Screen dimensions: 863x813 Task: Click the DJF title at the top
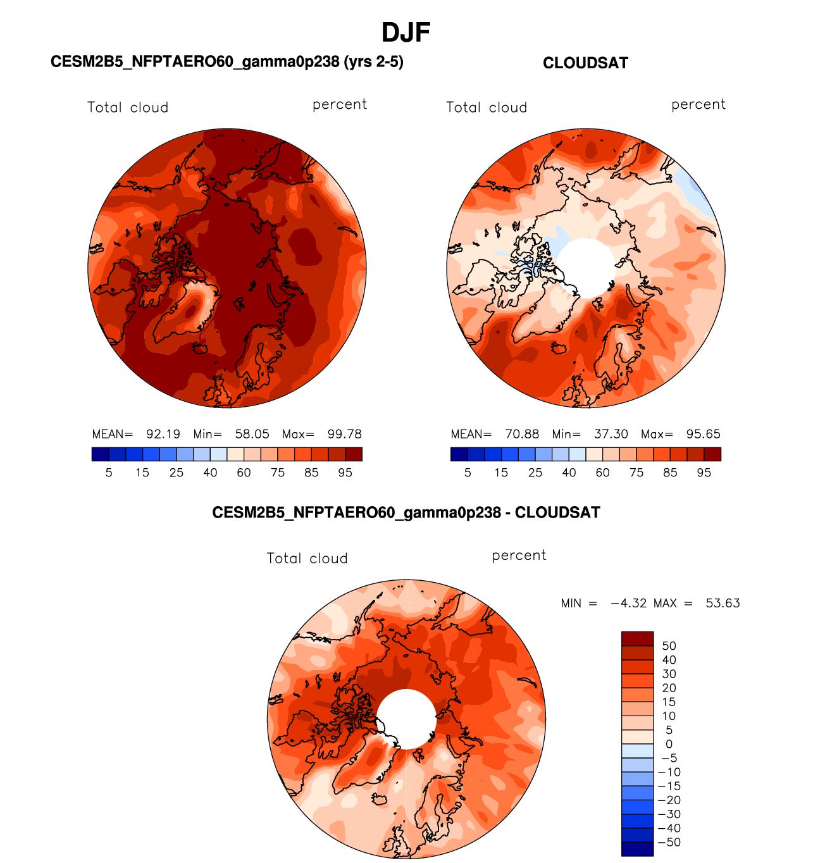click(x=406, y=32)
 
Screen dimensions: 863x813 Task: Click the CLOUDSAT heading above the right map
click(x=585, y=63)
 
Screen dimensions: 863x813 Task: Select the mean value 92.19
click(x=163, y=434)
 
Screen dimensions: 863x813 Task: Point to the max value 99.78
click(x=344, y=434)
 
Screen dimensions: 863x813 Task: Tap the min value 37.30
click(x=611, y=434)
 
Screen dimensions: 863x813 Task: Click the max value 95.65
click(x=703, y=434)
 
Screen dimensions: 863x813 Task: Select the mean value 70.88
click(x=522, y=434)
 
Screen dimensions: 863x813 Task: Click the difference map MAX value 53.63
click(x=723, y=603)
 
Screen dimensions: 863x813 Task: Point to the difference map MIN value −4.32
click(x=628, y=603)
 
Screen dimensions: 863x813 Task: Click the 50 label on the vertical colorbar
click(x=669, y=646)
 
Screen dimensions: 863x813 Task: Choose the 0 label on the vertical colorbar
click(x=669, y=744)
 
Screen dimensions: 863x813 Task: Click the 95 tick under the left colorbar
click(x=345, y=473)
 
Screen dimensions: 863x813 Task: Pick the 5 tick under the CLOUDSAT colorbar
click(x=468, y=473)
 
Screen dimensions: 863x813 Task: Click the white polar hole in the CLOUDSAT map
click(x=585, y=268)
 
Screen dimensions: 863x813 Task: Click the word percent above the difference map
click(x=519, y=556)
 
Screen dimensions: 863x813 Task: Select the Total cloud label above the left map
click(x=128, y=108)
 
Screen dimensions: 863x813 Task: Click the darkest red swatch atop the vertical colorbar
click(x=637, y=638)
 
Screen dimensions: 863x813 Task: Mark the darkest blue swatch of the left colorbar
click(x=100, y=454)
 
